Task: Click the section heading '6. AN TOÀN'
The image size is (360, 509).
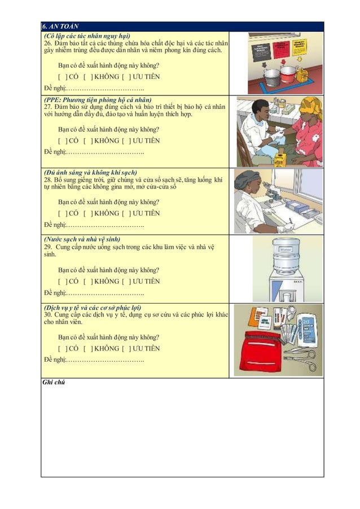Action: pos(61,26)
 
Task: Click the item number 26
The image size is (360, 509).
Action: pos(48,43)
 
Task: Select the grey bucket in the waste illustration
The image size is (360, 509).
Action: pos(273,77)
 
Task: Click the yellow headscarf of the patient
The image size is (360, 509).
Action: pos(310,106)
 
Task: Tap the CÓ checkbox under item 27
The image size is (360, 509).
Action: pos(62,141)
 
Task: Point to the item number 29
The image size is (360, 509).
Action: pos(48,247)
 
